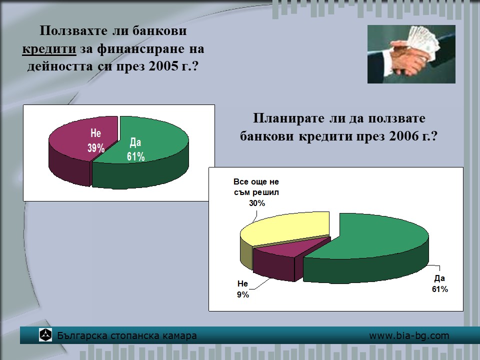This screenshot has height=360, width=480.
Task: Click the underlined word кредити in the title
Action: pos(49,49)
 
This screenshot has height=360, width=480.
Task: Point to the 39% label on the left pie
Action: pos(96,148)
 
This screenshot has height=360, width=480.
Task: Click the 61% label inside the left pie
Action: pos(136,156)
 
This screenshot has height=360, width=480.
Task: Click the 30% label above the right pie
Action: pos(257,203)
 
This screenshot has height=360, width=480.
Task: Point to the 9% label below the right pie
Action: pos(243,294)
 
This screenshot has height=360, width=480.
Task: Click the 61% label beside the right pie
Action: pos(440,289)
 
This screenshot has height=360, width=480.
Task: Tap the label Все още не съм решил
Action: pos(256,187)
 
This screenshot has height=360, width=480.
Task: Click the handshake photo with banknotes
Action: pos(411,54)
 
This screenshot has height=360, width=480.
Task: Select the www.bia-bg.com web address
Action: pos(409,335)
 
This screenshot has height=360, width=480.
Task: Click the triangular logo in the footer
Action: pos(45,335)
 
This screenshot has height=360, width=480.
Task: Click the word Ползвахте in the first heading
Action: pos(74,31)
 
